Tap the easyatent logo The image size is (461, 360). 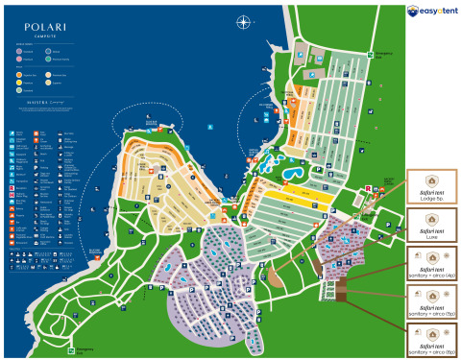(x=431, y=12)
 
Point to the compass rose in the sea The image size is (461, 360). (x=244, y=22)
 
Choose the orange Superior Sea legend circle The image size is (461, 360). (x=19, y=74)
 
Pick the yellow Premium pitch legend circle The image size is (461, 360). (x=19, y=83)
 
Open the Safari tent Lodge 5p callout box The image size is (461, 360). (x=431, y=187)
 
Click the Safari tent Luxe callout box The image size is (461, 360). (x=431, y=226)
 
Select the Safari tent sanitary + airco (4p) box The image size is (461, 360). (x=431, y=265)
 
